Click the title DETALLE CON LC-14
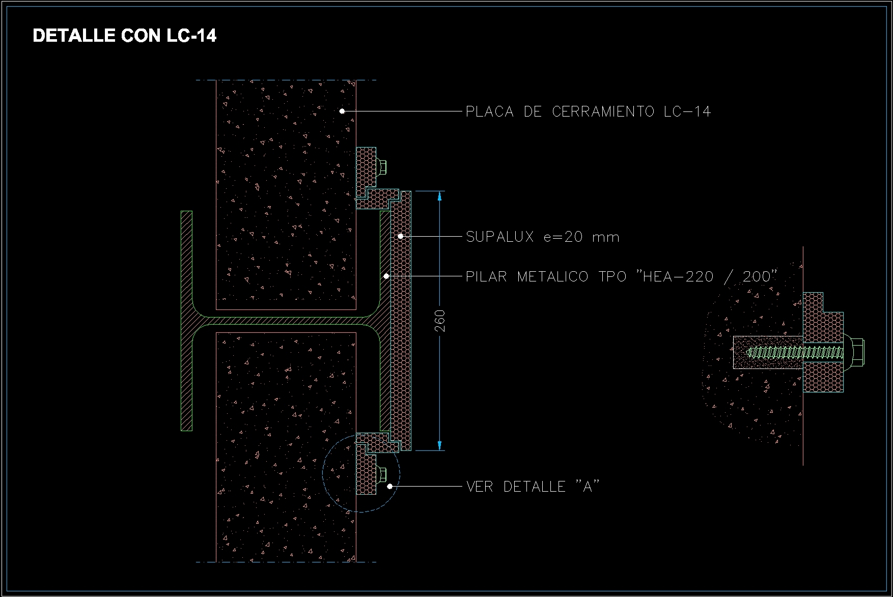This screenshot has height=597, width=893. [125, 36]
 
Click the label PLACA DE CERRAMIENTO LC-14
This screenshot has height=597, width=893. [588, 111]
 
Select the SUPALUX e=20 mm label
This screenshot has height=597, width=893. [543, 237]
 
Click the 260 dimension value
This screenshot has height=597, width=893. [441, 321]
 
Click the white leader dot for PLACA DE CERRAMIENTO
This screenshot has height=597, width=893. [342, 111]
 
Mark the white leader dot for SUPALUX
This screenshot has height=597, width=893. [401, 236]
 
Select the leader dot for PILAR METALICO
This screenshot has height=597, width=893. [386, 276]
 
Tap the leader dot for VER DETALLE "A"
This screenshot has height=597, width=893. [390, 487]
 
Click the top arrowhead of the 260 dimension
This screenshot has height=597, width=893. [440, 196]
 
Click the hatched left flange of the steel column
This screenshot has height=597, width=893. [187, 321]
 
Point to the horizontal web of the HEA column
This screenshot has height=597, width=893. [285, 321]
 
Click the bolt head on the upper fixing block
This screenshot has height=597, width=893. [382, 166]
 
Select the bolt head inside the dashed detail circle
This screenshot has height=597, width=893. [382, 474]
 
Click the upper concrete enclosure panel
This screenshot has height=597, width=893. [286, 193]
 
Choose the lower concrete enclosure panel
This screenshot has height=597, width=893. [286, 448]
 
